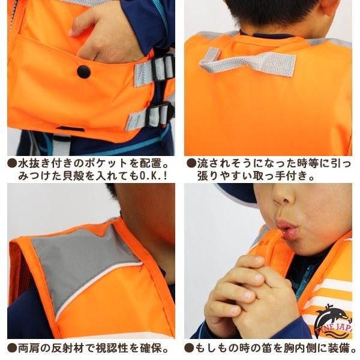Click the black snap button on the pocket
pyautogui.click(x=83, y=71)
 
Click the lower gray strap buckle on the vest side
pyautogui.click(x=158, y=115)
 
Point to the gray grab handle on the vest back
pyautogui.click(x=248, y=62)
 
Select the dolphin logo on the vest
pyautogui.click(x=332, y=322)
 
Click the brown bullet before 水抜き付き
pyautogui.click(x=12, y=163)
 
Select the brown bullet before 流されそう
pyautogui.click(x=191, y=163)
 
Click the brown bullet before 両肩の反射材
pyautogui.click(x=12, y=348)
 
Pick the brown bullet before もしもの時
pyautogui.click(x=189, y=348)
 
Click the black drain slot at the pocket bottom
pyautogui.click(x=71, y=129)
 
